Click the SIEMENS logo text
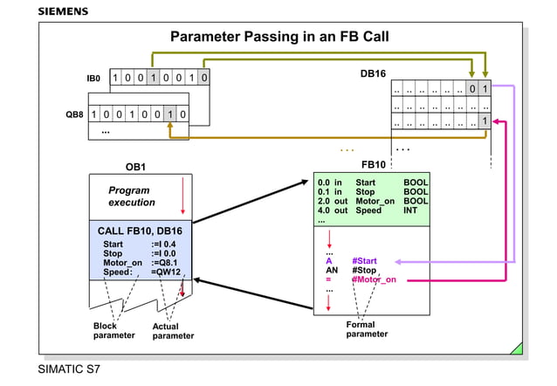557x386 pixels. [x=63, y=11]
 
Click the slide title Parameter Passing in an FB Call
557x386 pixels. [x=279, y=37]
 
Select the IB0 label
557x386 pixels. [x=93, y=79]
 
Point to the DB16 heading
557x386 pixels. [x=373, y=73]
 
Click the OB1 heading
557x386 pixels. [x=135, y=166]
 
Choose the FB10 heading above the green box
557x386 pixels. [x=373, y=164]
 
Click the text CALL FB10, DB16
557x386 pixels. [x=140, y=230]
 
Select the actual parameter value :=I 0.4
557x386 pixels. [x=167, y=244]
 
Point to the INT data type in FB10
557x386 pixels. [x=411, y=210]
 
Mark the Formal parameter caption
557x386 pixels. [x=367, y=329]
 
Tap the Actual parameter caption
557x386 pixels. [x=172, y=331]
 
